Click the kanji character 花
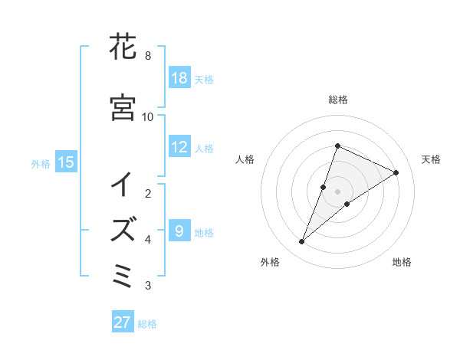123,47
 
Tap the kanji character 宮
123,107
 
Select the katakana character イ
123,185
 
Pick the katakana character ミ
123,275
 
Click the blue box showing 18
179,78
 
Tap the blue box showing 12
179,147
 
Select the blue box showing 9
179,231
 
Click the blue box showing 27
123,322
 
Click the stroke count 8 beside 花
147,56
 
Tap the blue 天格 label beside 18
204,79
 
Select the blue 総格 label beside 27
147,323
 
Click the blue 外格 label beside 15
41,163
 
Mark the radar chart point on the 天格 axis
396,172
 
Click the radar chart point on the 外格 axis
301,242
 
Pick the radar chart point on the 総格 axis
337,146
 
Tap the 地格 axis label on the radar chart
402,263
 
